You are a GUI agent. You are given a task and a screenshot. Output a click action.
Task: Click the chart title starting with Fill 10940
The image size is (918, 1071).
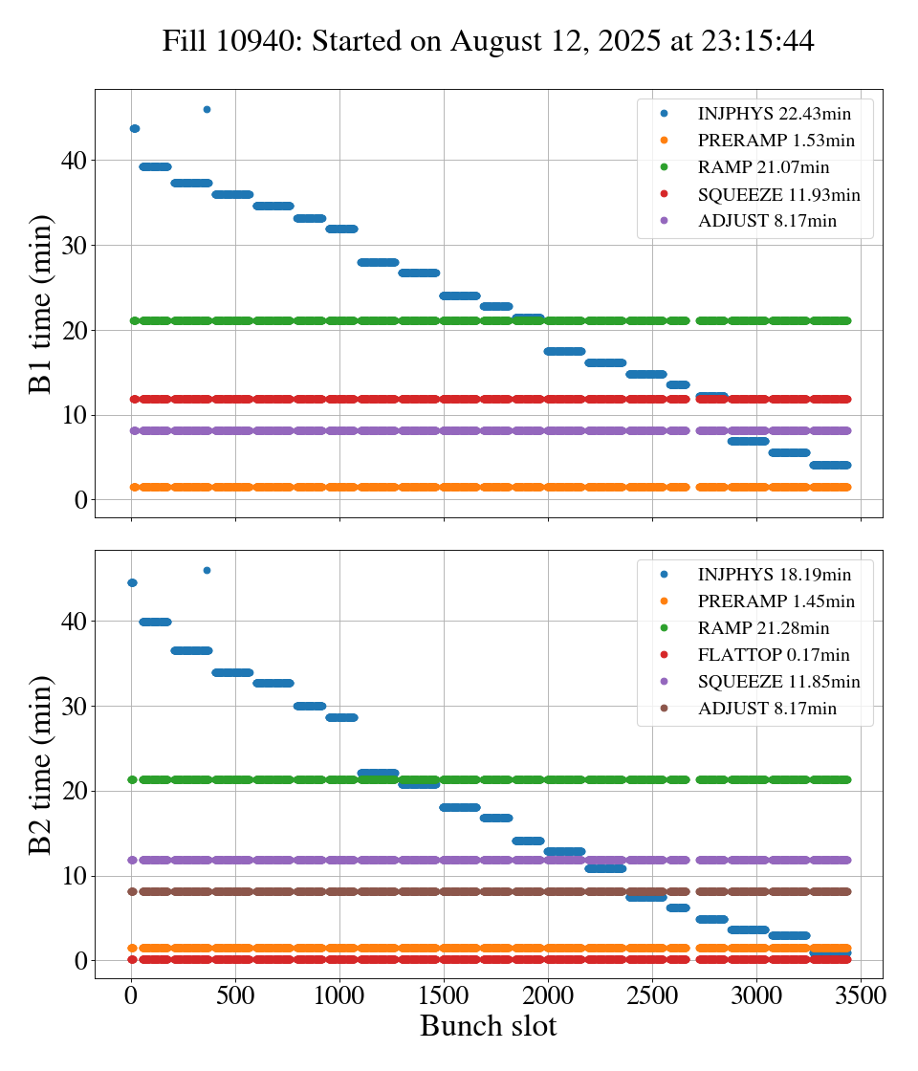(488, 41)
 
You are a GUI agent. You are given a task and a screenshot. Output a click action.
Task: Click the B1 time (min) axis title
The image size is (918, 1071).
(40, 304)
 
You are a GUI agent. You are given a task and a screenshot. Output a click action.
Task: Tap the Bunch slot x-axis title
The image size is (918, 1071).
(488, 1026)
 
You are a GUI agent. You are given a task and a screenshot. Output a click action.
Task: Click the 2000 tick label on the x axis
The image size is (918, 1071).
(548, 994)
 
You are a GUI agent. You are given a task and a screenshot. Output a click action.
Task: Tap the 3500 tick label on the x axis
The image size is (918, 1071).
(861, 994)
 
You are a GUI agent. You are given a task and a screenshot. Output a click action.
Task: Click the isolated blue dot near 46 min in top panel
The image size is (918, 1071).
(207, 109)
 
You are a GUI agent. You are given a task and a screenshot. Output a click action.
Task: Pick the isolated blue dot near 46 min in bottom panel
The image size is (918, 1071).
(207, 570)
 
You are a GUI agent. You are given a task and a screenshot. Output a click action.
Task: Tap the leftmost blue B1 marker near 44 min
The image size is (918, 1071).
(134, 128)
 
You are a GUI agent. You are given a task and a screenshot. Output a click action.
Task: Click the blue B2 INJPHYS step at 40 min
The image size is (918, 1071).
(155, 622)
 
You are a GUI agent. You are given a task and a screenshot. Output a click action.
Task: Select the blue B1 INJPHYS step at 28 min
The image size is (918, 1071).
(378, 262)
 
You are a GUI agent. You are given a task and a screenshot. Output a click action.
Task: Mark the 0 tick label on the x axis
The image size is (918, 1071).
(131, 994)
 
